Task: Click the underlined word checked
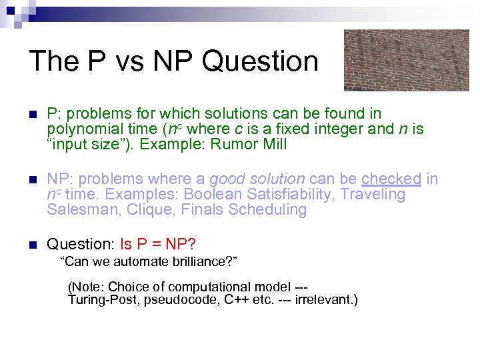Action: click(x=391, y=179)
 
